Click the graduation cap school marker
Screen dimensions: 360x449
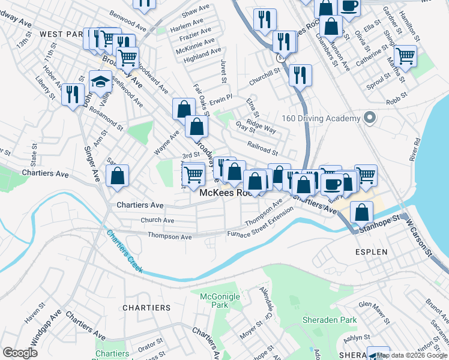(101, 81)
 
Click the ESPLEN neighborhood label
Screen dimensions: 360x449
(371, 252)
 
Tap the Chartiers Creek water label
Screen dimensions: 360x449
(125, 251)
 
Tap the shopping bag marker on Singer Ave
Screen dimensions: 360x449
(118, 176)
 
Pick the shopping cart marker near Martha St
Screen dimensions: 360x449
(406, 56)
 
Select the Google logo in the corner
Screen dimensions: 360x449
(20, 352)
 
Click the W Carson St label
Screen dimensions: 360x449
(420, 237)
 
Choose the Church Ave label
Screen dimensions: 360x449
(157, 220)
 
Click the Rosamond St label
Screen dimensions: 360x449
(106, 125)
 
